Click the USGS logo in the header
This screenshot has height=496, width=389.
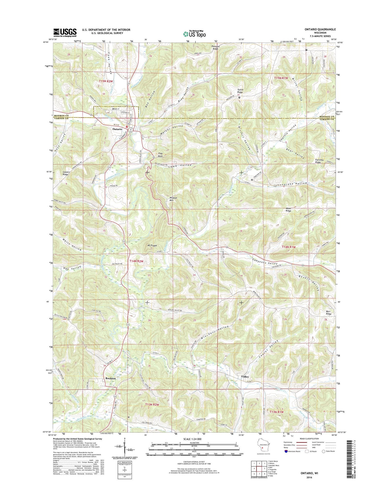point(65,33)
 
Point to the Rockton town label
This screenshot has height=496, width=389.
point(110,378)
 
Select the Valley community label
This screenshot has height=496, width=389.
point(245,377)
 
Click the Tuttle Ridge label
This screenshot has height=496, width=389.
point(240,91)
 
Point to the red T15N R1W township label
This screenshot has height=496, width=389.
point(281,78)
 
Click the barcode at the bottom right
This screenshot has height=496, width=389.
point(380,456)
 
